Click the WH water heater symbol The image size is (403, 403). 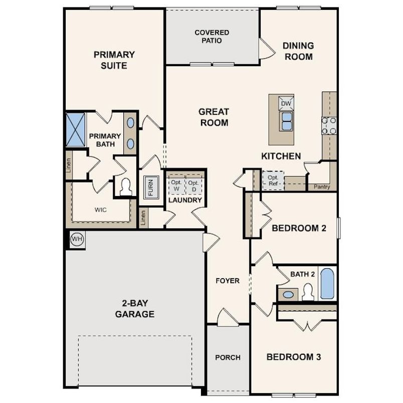pyautogui.click(x=77, y=239)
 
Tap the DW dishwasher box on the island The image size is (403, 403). pyautogui.click(x=286, y=104)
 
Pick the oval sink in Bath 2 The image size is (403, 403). pyautogui.click(x=288, y=294)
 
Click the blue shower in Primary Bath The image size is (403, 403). pyautogui.click(x=76, y=130)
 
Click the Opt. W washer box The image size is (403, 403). pyautogui.click(x=176, y=185)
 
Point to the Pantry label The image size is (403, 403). pyautogui.click(x=321, y=187)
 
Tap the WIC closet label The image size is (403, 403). pyautogui.click(x=100, y=209)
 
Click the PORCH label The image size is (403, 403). pyautogui.click(x=228, y=357)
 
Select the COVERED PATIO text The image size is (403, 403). pyautogui.click(x=212, y=37)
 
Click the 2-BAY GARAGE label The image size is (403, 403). pyautogui.click(x=134, y=309)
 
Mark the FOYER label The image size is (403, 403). pyautogui.click(x=228, y=281)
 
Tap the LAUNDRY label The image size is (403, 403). pyautogui.click(x=185, y=200)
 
